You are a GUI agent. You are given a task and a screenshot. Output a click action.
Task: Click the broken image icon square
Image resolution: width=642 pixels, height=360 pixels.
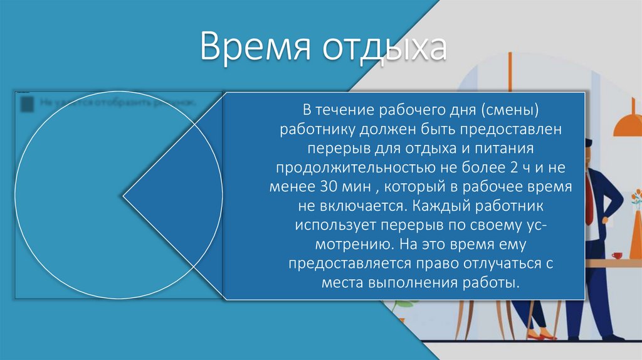[27, 103]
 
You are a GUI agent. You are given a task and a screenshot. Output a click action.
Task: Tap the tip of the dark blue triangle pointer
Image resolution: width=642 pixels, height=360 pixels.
[124, 196]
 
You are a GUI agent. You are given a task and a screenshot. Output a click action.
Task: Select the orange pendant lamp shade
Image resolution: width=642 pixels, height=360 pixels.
[628, 125]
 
